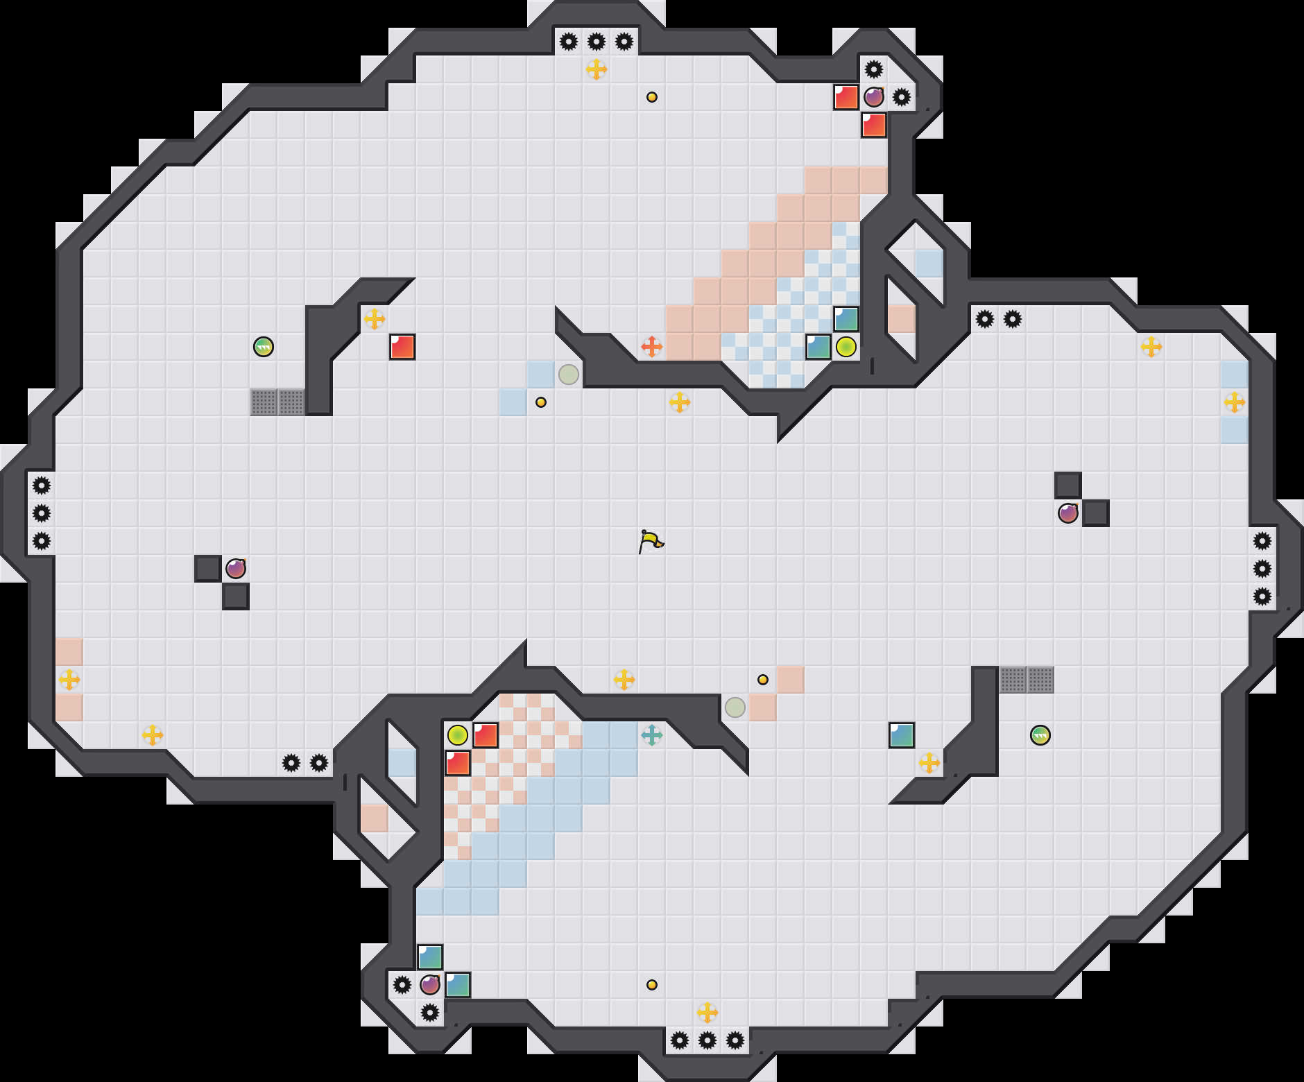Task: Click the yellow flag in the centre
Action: click(651, 541)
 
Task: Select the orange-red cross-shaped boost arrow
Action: click(651, 346)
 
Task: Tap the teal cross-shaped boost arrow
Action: click(651, 735)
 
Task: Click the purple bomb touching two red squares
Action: click(873, 97)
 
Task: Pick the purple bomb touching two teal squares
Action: click(430, 984)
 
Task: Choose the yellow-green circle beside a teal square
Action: click(846, 346)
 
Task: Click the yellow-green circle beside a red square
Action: click(457, 735)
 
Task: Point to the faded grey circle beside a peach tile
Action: click(735, 707)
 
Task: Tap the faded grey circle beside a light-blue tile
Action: click(569, 375)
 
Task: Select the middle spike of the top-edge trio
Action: click(596, 42)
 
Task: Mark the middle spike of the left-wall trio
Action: click(42, 513)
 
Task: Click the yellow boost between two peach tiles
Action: click(69, 679)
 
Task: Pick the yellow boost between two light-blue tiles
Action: click(1234, 402)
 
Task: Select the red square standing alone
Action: click(402, 347)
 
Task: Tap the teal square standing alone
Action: click(901, 735)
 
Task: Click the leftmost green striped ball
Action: click(264, 346)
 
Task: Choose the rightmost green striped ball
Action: click(1040, 735)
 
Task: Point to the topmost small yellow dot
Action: click(651, 97)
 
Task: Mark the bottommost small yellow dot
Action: click(651, 984)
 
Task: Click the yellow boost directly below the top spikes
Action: click(596, 69)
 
